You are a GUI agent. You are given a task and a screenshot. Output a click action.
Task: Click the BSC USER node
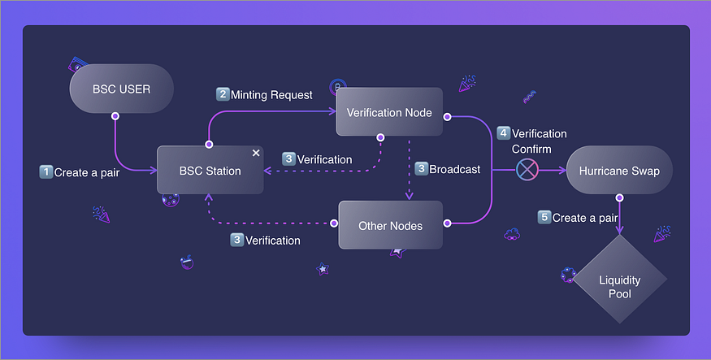pos(122,89)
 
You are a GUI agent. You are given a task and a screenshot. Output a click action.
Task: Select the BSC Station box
pos(210,170)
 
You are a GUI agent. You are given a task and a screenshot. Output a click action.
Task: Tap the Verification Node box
pos(389,111)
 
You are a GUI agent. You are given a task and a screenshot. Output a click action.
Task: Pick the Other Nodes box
pos(390,225)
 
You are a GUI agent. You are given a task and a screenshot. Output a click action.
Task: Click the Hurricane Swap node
pos(619,170)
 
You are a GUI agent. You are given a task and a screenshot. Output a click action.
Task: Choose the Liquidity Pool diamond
pos(619,280)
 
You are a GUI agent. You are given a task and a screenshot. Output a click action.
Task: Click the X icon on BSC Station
pos(256,153)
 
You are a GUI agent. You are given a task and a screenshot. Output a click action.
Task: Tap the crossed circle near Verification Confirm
pos(527,170)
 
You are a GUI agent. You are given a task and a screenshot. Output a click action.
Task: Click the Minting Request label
pos(271,95)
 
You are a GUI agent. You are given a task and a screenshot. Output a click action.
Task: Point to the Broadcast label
pos(455,169)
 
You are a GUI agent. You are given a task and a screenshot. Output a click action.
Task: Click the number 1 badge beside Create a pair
pos(46,171)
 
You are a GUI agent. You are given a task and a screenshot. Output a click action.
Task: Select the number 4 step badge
pos(503,132)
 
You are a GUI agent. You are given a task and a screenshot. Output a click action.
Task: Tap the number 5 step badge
pos(544,217)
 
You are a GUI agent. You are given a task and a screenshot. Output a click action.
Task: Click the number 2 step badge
pos(223,93)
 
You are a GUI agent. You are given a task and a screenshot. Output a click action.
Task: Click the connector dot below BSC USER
pos(115,116)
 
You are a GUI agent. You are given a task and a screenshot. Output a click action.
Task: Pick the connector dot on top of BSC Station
pos(209,144)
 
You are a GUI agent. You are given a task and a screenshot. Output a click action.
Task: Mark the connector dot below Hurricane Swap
pos(619,197)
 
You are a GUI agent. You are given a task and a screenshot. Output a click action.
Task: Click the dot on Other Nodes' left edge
pos(334,223)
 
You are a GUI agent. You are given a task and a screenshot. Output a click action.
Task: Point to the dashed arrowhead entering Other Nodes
pos(409,197)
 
